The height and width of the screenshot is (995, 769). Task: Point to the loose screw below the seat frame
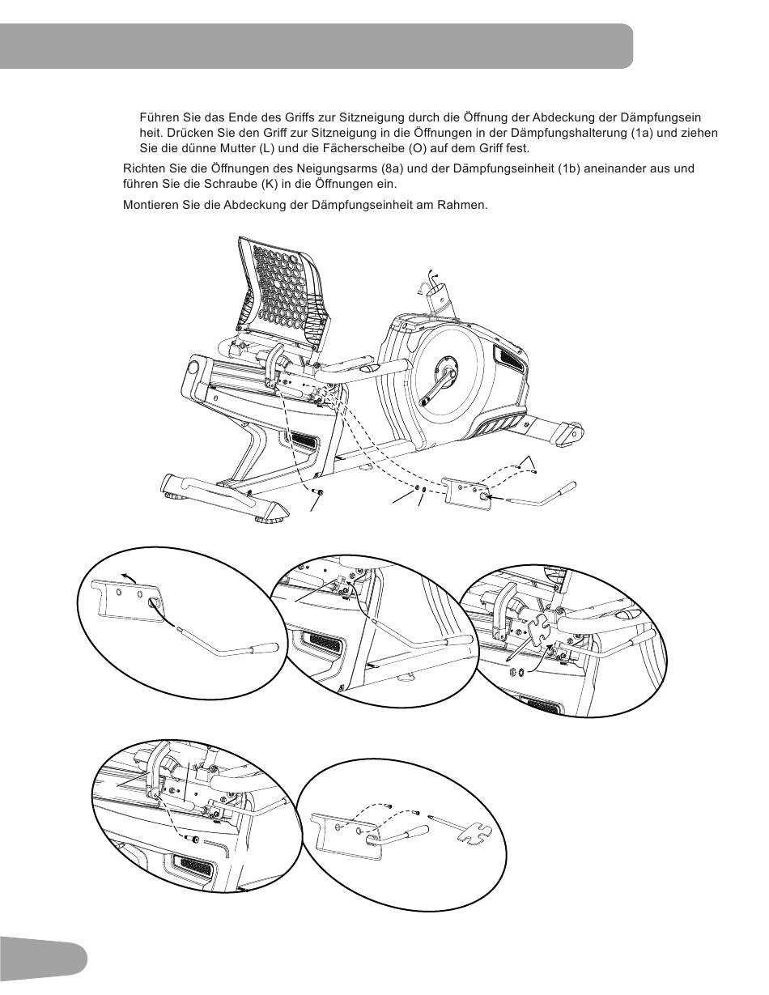317,491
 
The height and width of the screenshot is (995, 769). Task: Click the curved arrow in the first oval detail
128,577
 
